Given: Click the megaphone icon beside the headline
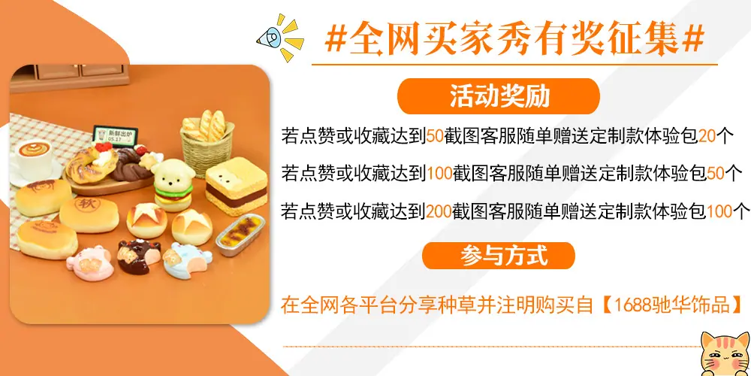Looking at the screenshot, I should click(x=272, y=36).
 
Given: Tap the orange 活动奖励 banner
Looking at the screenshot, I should click(x=499, y=96).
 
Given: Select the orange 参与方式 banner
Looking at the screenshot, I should click(x=499, y=256).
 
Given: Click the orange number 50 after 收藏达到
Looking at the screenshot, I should click(x=435, y=137).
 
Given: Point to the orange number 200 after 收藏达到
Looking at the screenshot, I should click(x=438, y=211).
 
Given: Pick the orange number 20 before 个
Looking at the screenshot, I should click(x=707, y=137).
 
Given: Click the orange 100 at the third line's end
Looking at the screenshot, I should click(x=719, y=211).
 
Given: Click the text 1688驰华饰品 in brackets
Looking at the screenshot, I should click(x=673, y=305).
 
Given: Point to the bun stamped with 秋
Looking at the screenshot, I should click(x=89, y=211).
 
